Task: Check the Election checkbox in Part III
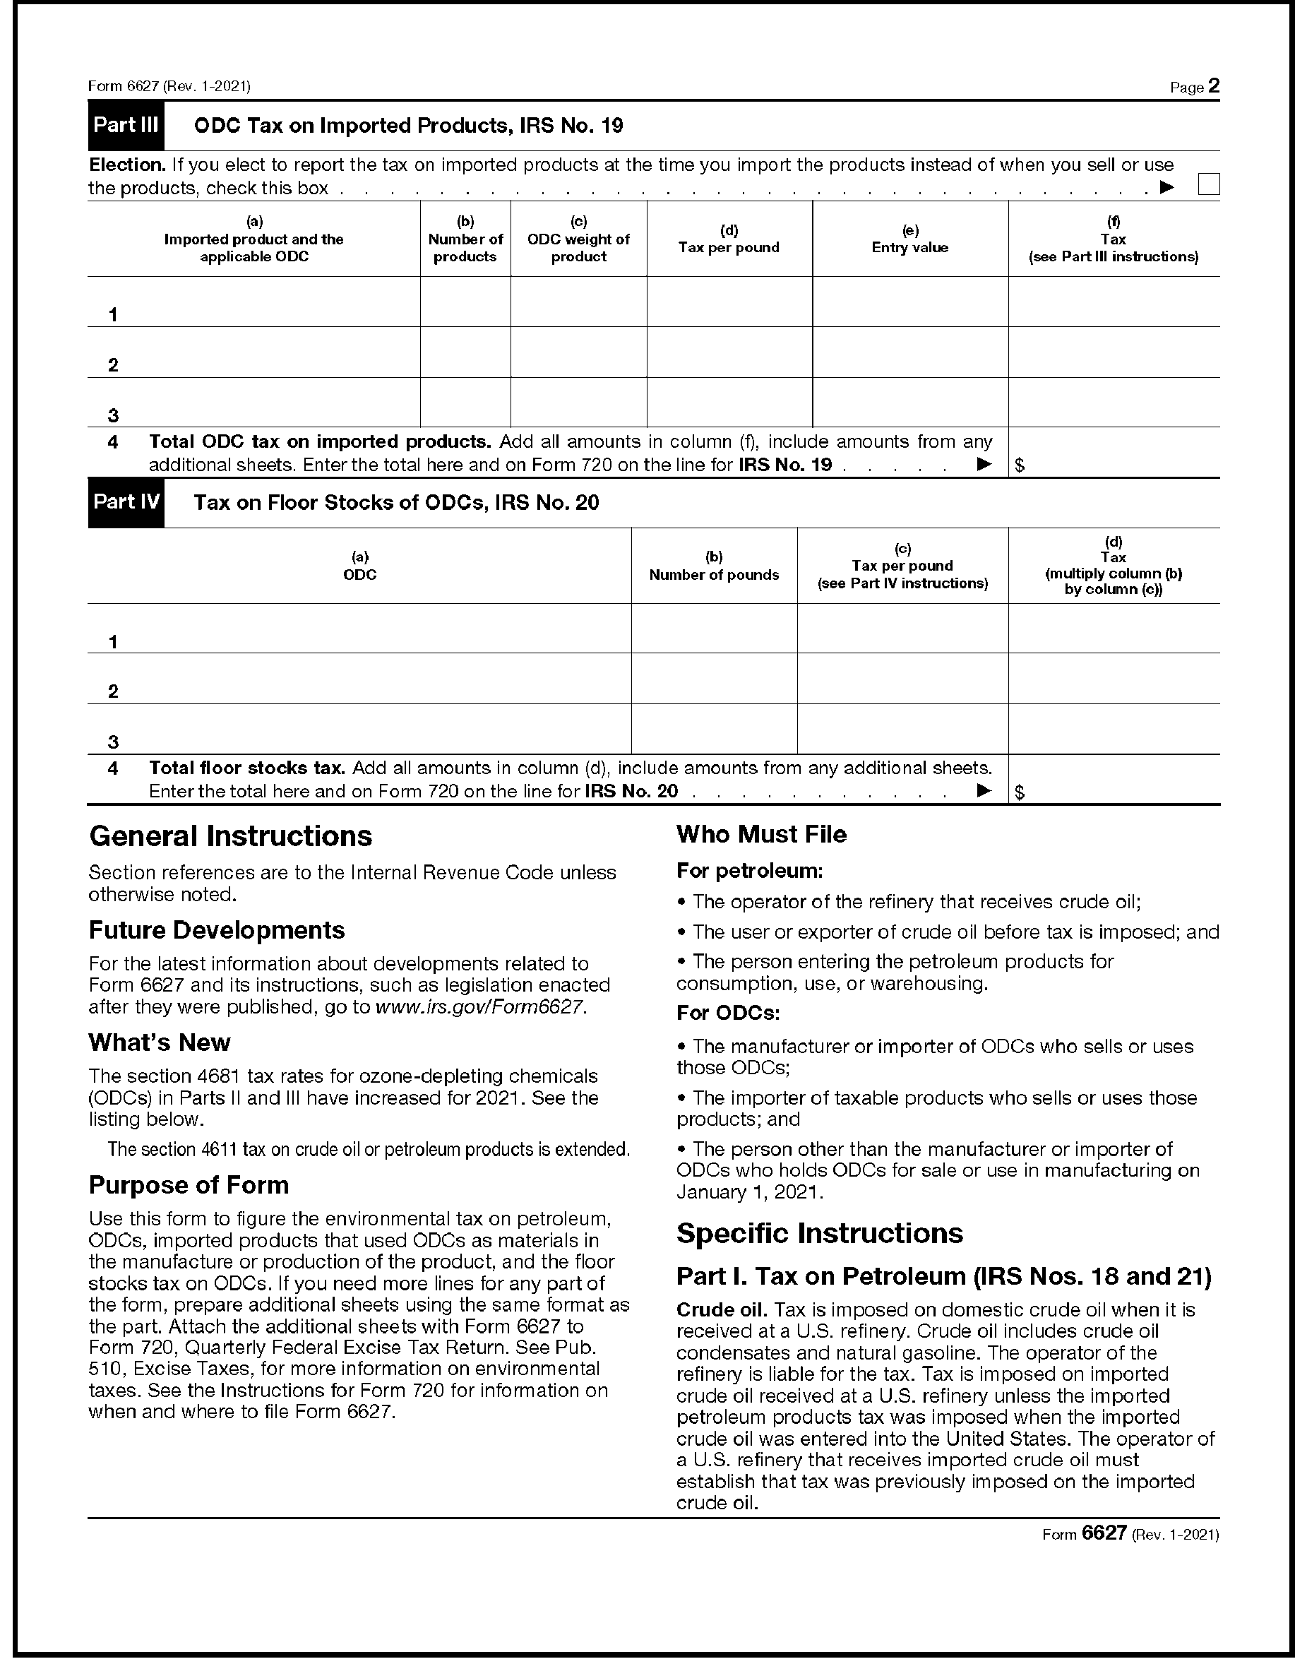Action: (1207, 184)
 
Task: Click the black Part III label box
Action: (125, 125)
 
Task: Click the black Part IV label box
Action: (125, 502)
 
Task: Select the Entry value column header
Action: (910, 239)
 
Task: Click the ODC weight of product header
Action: (579, 239)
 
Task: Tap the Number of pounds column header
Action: (714, 566)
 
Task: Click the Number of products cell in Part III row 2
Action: (465, 352)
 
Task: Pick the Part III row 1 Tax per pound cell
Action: (729, 302)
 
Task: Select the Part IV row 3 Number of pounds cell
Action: (714, 730)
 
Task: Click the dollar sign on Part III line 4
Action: (1020, 465)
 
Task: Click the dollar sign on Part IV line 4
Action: (1020, 792)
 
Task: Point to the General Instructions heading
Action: (231, 836)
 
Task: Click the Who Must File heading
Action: (761, 834)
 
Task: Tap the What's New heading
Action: (160, 1042)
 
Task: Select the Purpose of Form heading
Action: (189, 1185)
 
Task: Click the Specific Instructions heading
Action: (820, 1233)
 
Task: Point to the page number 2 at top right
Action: (1214, 86)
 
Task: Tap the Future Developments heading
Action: (217, 931)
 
